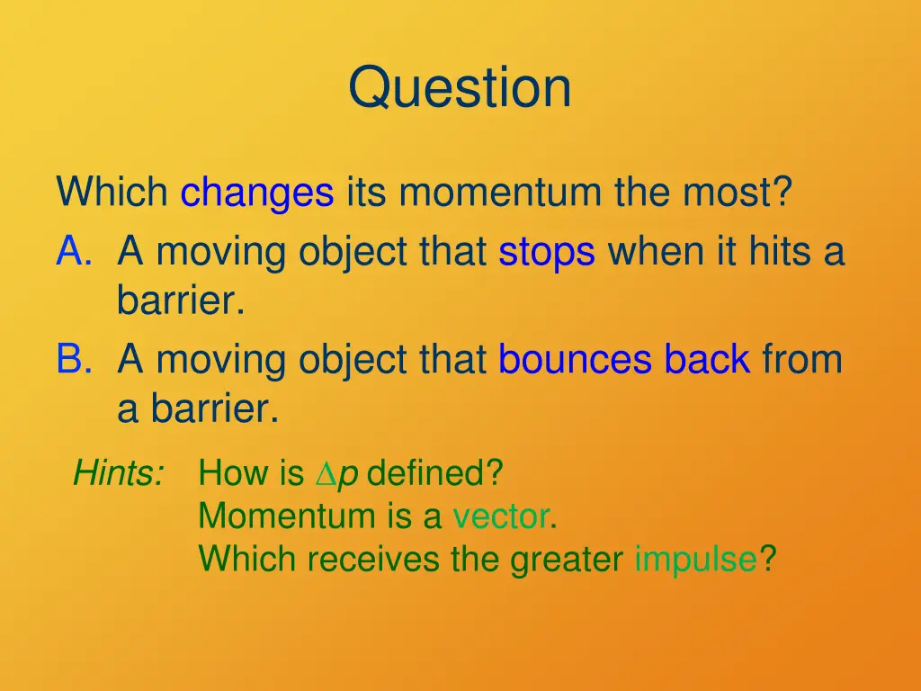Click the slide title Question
click(460, 88)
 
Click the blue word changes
click(257, 193)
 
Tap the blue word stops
click(546, 252)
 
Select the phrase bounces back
click(623, 360)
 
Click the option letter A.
click(73, 252)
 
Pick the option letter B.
click(73, 360)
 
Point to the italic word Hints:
click(118, 472)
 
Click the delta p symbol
click(336, 473)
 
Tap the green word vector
click(501, 516)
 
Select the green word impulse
click(695, 560)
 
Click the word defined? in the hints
click(435, 472)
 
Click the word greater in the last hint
click(567, 560)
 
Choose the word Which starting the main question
click(112, 193)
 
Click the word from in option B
click(802, 360)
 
